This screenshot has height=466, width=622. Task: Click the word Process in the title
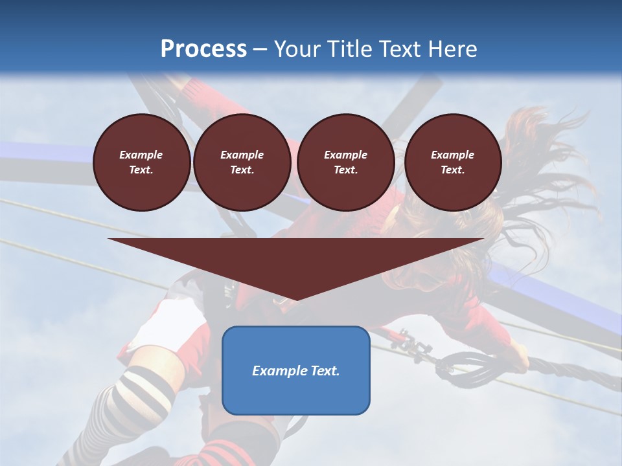pyautogui.click(x=203, y=49)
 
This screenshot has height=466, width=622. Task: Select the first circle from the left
pyautogui.click(x=141, y=162)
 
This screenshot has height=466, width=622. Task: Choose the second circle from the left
pyautogui.click(x=242, y=162)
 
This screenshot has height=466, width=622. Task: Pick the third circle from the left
pyautogui.click(x=345, y=162)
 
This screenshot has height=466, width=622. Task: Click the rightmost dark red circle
pyautogui.click(x=452, y=162)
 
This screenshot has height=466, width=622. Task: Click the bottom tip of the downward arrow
pyautogui.click(x=295, y=300)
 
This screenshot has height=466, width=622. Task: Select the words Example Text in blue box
pyautogui.click(x=295, y=371)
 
